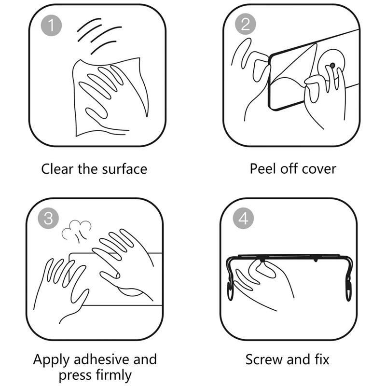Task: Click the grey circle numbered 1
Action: [51, 26]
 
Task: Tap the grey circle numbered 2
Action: [246, 24]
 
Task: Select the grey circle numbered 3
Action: [48, 218]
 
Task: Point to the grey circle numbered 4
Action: [244, 218]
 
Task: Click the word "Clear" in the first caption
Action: [57, 169]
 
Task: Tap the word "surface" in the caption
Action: [124, 169]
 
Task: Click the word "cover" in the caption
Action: [319, 169]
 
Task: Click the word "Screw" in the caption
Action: [264, 359]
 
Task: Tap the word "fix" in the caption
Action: [322, 359]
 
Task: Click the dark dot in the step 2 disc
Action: [332, 66]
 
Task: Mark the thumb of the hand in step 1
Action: [96, 114]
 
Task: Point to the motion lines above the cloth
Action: [98, 36]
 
